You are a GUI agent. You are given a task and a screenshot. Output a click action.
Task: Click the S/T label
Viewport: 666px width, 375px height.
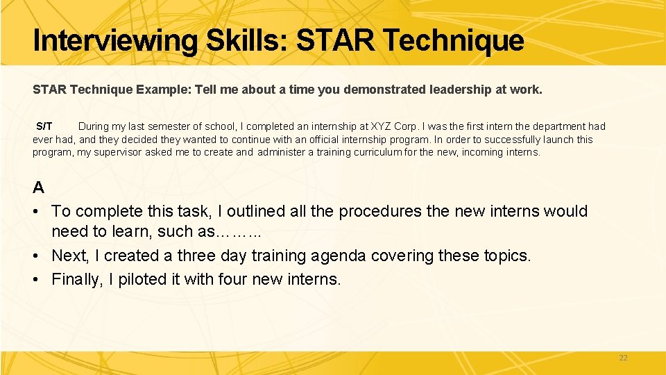(44, 126)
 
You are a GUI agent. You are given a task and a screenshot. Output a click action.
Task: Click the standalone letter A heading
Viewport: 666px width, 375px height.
(39, 187)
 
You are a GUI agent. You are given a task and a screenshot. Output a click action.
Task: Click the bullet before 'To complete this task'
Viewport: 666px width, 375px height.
(37, 211)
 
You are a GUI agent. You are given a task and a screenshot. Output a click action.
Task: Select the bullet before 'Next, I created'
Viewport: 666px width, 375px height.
(37, 256)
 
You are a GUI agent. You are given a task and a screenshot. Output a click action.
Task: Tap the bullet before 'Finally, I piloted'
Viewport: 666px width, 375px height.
(37, 279)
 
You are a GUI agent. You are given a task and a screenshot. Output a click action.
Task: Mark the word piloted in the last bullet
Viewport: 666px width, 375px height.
(148, 279)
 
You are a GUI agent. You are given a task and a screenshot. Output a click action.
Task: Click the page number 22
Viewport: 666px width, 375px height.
(622, 358)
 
